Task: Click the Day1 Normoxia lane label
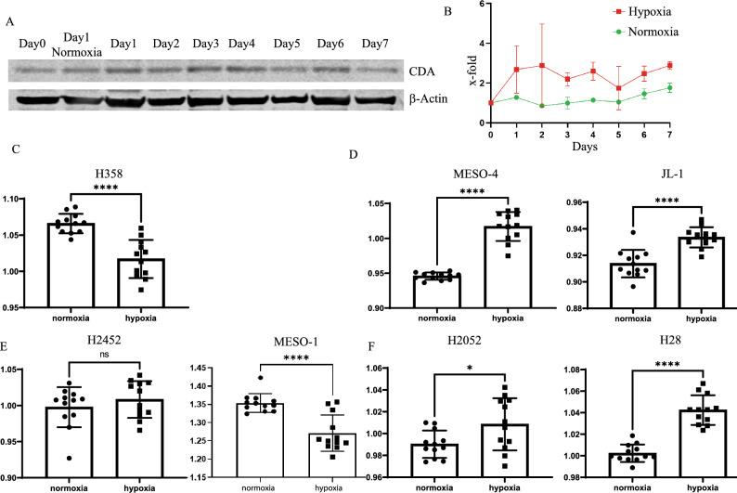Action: click(82, 42)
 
